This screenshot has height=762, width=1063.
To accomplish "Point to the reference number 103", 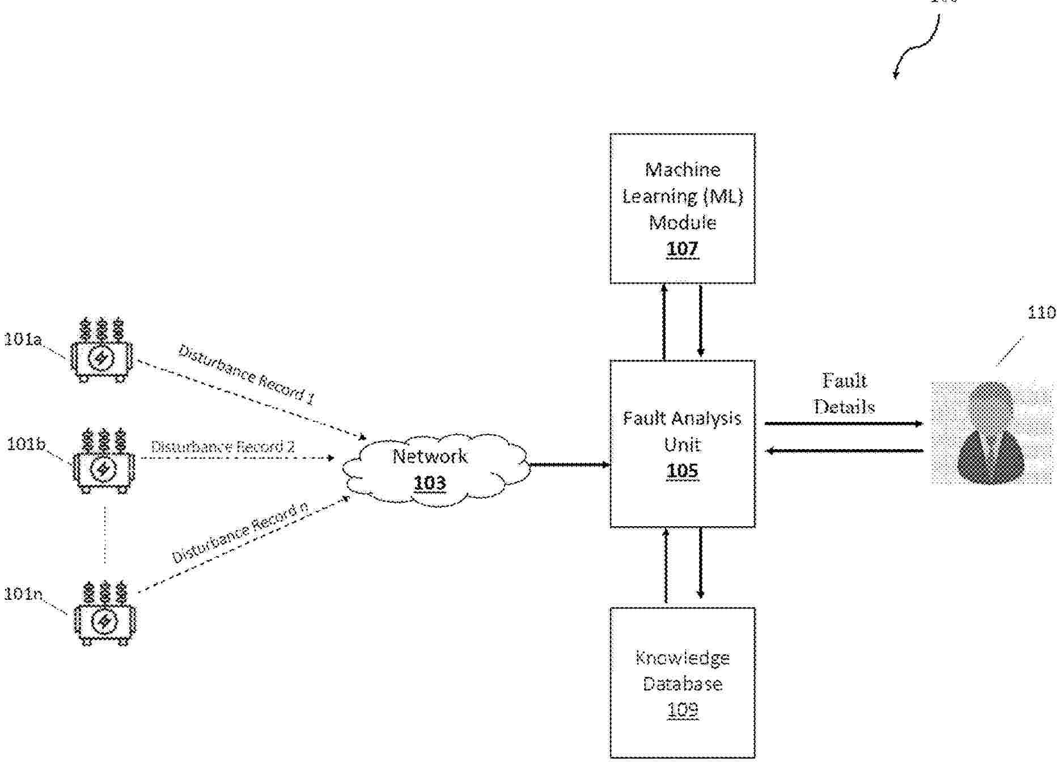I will point(430,483).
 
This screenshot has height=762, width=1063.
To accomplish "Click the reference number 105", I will point(682,471).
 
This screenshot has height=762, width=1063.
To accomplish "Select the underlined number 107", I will point(682,249).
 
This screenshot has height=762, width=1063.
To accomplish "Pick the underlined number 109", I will point(682,710).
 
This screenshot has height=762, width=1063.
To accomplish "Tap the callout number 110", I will point(1041,313).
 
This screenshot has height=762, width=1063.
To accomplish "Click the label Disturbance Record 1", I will point(247,375).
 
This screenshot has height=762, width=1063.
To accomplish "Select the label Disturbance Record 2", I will point(223,447).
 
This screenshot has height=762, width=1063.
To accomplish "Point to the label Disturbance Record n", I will point(240,534).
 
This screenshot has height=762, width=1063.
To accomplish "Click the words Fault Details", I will point(844,393).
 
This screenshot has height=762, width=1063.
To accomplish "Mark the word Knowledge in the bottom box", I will point(682,658).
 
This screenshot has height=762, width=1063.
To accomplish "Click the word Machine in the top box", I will point(682,170).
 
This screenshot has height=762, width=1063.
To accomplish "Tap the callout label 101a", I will point(23,340).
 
